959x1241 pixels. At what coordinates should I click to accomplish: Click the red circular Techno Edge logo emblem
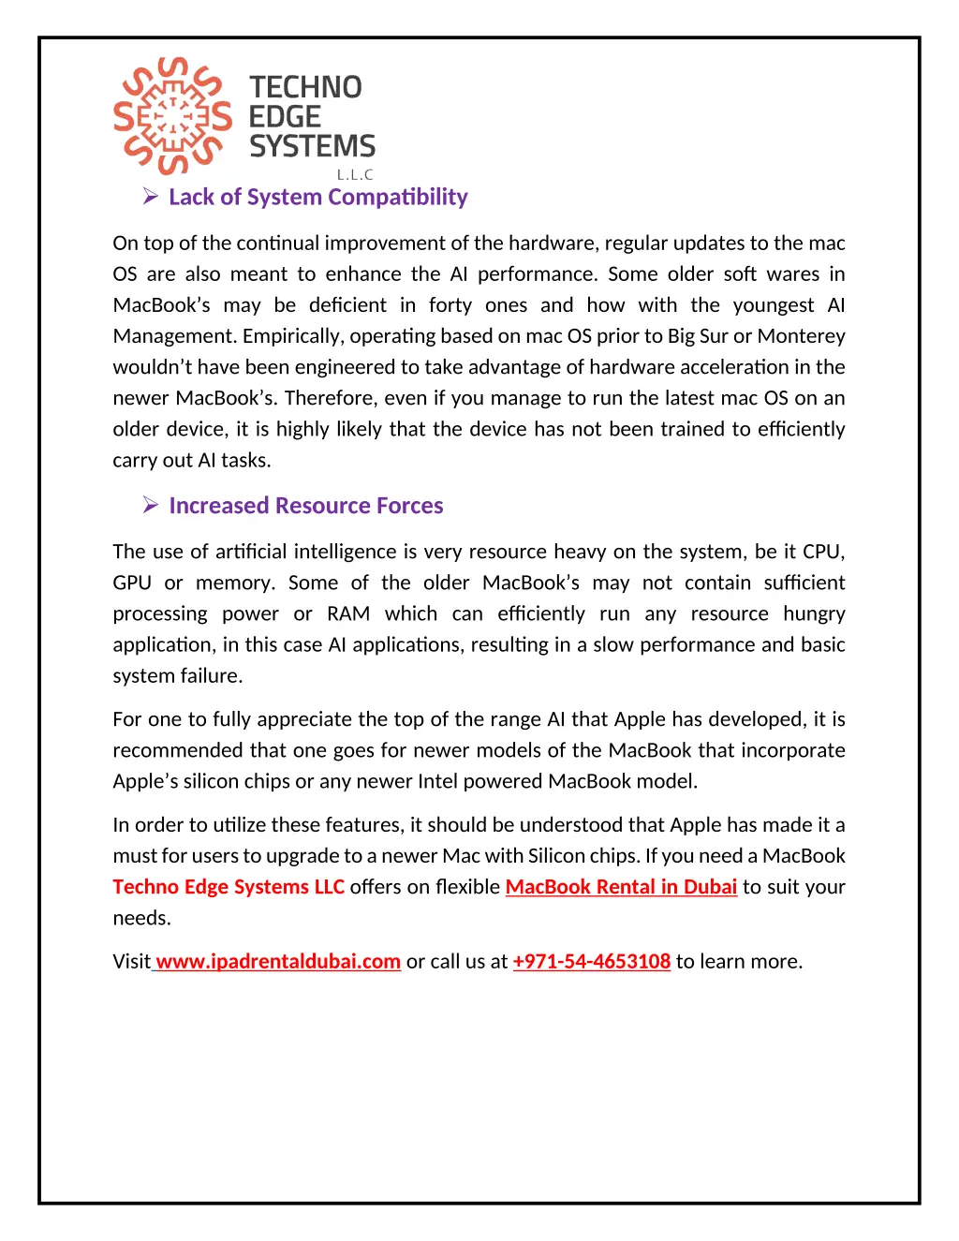172,116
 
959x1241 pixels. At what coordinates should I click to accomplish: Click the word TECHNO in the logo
305,87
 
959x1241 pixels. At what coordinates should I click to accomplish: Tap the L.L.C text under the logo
355,174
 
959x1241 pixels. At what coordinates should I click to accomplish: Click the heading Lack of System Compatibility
317,197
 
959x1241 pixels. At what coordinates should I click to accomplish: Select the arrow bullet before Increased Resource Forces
150,505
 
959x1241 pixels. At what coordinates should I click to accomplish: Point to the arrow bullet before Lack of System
150,196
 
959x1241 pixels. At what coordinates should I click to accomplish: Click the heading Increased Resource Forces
305,506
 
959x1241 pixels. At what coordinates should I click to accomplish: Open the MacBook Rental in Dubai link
621,887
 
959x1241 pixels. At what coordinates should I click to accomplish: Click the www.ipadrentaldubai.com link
278,962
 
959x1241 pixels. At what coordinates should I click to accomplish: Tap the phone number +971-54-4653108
592,962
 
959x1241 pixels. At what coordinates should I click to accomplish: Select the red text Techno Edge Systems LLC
229,887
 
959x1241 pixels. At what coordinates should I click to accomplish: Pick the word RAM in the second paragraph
348,614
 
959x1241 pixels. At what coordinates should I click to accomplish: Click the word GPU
132,584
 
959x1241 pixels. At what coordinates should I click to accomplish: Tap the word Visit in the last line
131,962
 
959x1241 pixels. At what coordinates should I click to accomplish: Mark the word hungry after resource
814,614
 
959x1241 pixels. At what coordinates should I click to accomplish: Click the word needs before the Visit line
141,918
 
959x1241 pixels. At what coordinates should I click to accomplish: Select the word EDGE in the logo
285,117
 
